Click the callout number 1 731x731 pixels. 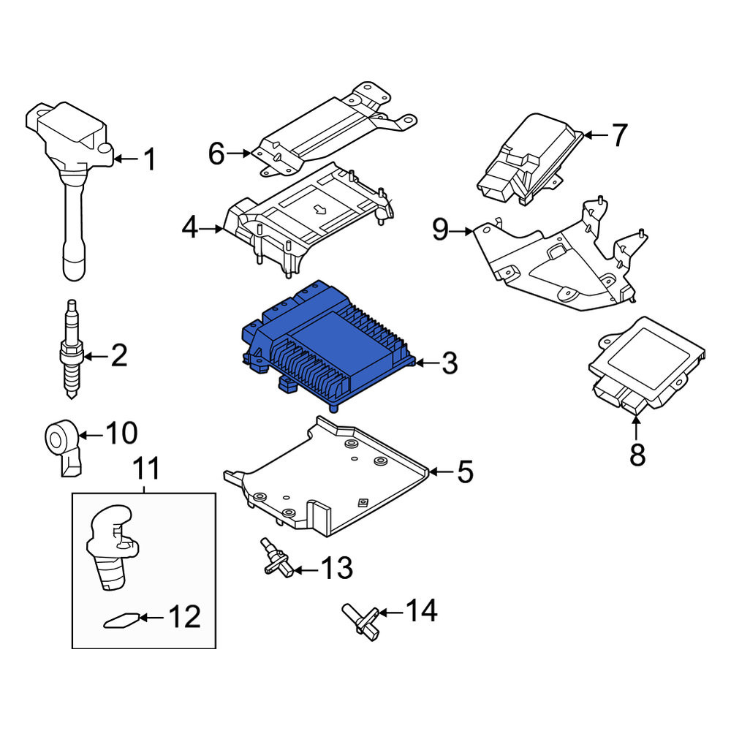click(149, 159)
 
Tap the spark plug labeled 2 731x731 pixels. click(72, 349)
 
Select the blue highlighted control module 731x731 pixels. click(328, 344)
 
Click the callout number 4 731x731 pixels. click(190, 228)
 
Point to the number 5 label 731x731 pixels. click(465, 471)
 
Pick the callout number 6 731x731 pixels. click(216, 153)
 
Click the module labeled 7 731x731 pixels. click(531, 159)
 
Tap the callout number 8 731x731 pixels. click(637, 455)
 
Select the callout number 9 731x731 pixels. click(440, 230)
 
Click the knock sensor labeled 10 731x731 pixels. click(64, 446)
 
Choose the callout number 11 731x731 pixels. click(147, 468)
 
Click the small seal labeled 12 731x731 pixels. click(121, 621)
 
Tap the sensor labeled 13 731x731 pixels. click(277, 557)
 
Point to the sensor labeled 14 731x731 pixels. click(361, 622)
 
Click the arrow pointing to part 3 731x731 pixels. click(427, 363)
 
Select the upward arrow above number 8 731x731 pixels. click(637, 428)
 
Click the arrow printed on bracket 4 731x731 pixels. click(320, 208)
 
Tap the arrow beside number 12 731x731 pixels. click(151, 618)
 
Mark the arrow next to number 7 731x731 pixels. click(596, 135)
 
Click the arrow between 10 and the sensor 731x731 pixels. click(91, 436)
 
